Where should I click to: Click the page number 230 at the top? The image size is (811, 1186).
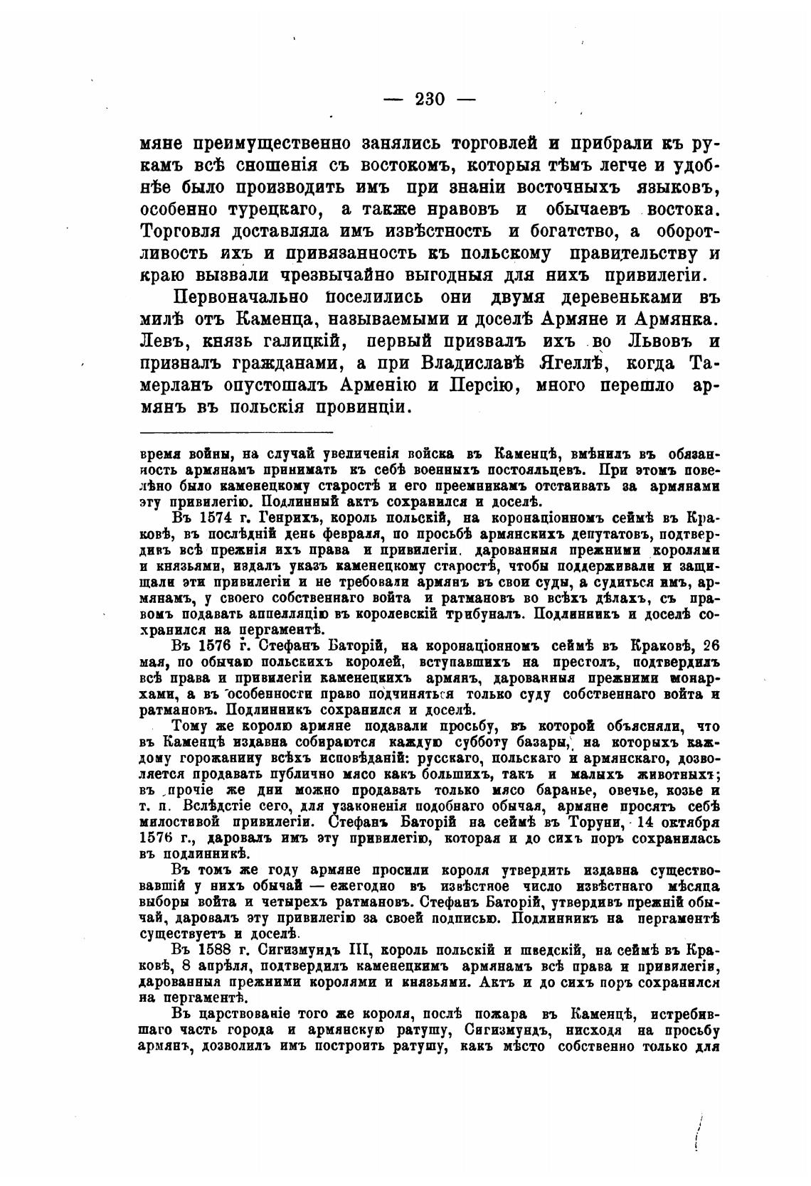click(x=429, y=99)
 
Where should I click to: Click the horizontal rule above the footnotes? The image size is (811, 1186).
click(x=236, y=432)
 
